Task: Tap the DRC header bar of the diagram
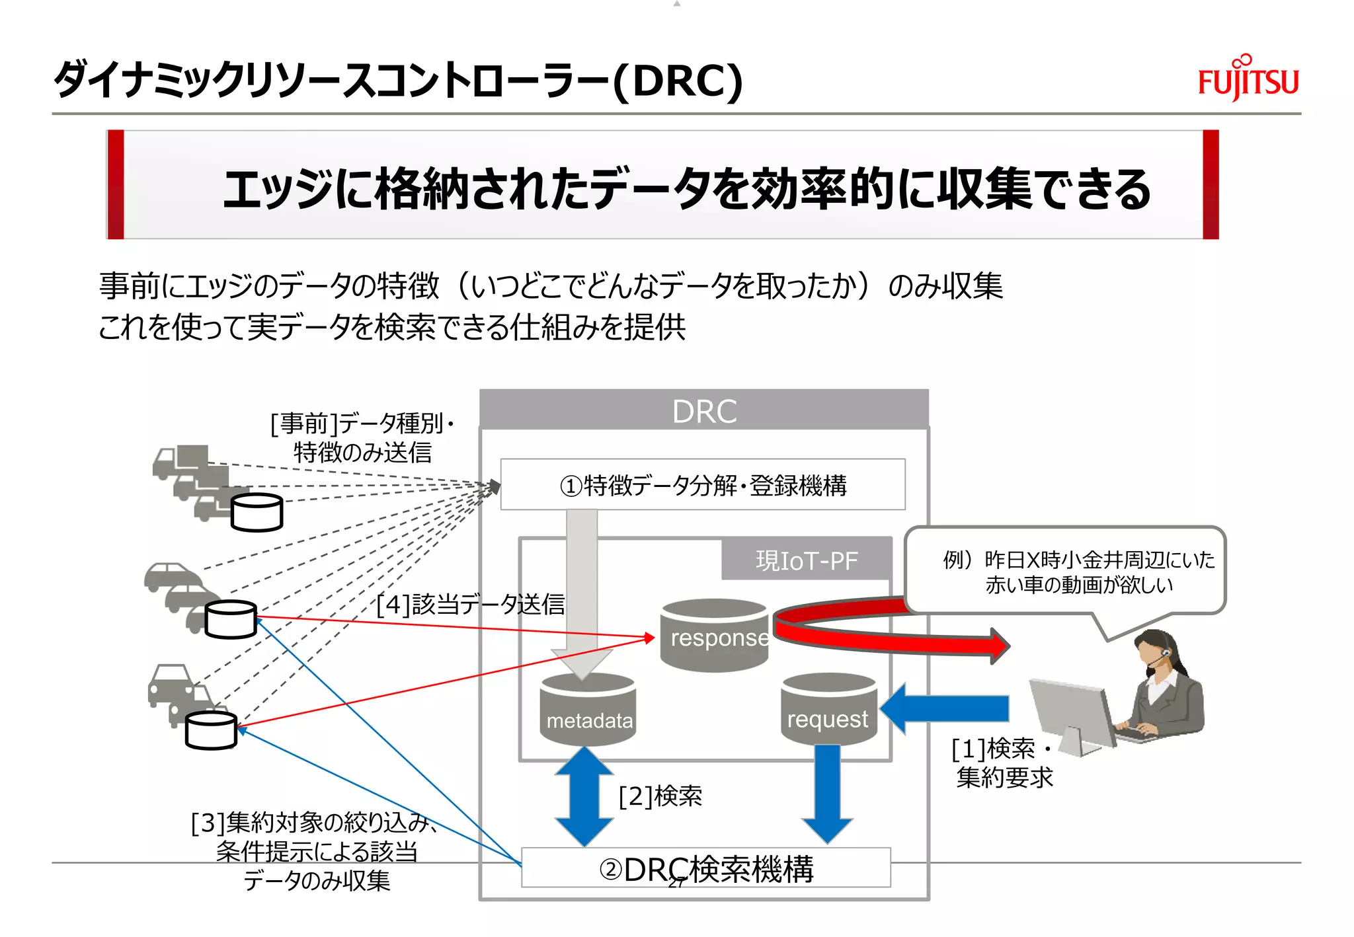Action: click(x=703, y=410)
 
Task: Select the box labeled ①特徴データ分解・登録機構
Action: click(x=702, y=484)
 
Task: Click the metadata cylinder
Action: click(x=588, y=710)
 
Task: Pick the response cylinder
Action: click(x=715, y=635)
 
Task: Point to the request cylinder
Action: click(x=828, y=710)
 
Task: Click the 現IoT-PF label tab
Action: click(x=806, y=560)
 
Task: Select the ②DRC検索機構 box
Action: click(x=705, y=868)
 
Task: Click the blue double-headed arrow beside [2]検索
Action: click(x=584, y=797)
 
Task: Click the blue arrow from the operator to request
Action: click(x=945, y=708)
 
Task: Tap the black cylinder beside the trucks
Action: click(x=257, y=513)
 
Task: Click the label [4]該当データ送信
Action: click(x=470, y=604)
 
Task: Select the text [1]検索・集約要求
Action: click(x=1002, y=763)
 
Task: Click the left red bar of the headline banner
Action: click(x=116, y=184)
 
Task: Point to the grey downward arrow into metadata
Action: click(x=582, y=595)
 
